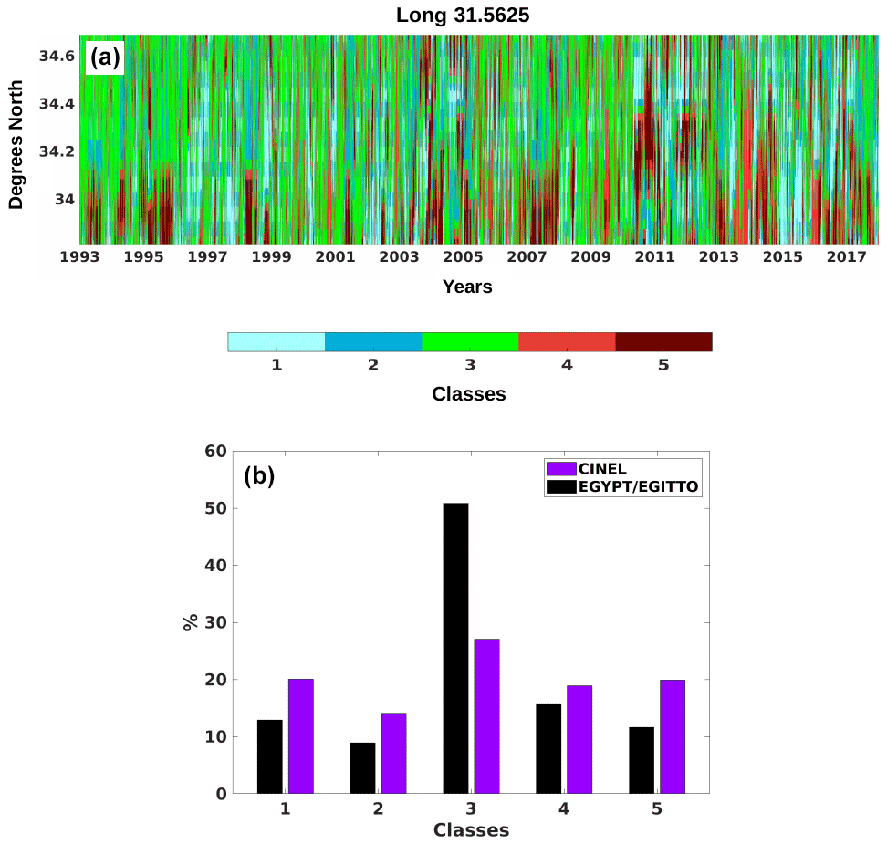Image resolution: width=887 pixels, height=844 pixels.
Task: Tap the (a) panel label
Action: click(103, 58)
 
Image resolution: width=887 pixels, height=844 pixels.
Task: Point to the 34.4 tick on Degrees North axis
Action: click(57, 104)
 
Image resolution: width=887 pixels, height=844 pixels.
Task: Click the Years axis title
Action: click(467, 287)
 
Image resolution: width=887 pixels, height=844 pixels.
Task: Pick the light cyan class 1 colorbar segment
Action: click(277, 342)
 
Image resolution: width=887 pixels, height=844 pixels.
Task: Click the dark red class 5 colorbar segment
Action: click(663, 342)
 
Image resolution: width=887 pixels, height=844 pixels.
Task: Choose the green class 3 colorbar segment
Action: click(470, 342)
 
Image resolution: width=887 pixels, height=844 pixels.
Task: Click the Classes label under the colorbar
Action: click(468, 395)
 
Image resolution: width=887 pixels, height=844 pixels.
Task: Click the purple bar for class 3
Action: click(486, 716)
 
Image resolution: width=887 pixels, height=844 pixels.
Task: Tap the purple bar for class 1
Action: click(301, 736)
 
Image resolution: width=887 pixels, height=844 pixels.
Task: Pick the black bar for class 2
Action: click(362, 768)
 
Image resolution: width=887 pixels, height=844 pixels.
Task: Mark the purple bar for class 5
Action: click(673, 736)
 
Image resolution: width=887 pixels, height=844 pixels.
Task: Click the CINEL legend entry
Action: click(602, 469)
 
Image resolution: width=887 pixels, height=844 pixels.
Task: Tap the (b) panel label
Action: click(259, 476)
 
